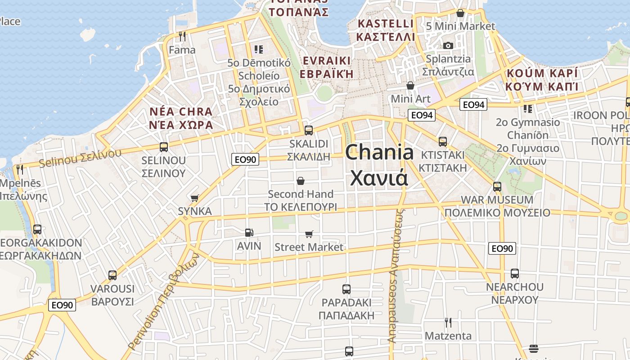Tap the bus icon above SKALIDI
coord(309,130)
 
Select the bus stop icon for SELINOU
coord(164,147)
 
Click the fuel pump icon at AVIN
coord(249,232)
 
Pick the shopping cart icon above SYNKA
coord(195,198)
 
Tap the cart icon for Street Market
coord(309,234)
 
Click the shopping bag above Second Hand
coord(300,181)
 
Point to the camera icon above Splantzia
coord(448,45)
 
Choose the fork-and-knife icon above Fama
coord(182,36)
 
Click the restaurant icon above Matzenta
coord(448,322)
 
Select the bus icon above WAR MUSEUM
coord(497,186)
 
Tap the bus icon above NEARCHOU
coord(514,273)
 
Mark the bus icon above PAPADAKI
coord(346,289)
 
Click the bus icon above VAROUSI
coord(112,275)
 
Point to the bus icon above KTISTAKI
coord(443,142)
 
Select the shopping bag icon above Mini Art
coord(410,85)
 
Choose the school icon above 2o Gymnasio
coord(528,108)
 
